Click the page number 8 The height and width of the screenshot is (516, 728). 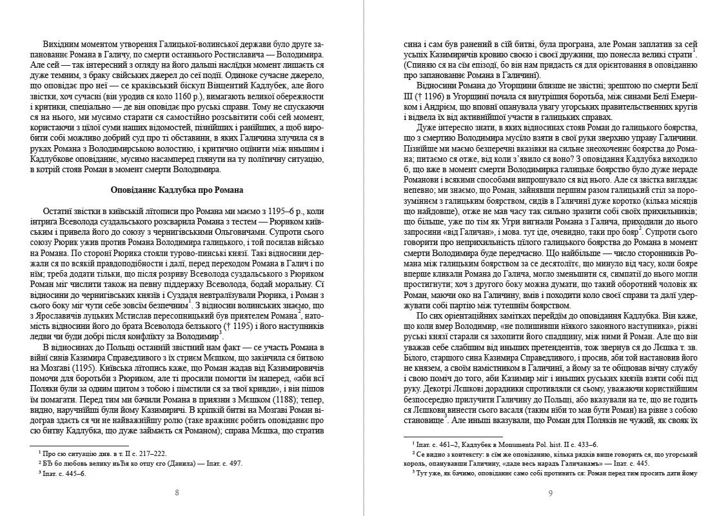pyautogui.click(x=177, y=493)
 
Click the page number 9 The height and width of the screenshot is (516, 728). pyautogui.click(x=550, y=493)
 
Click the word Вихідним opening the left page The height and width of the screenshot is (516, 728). pyautogui.click(x=63, y=43)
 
